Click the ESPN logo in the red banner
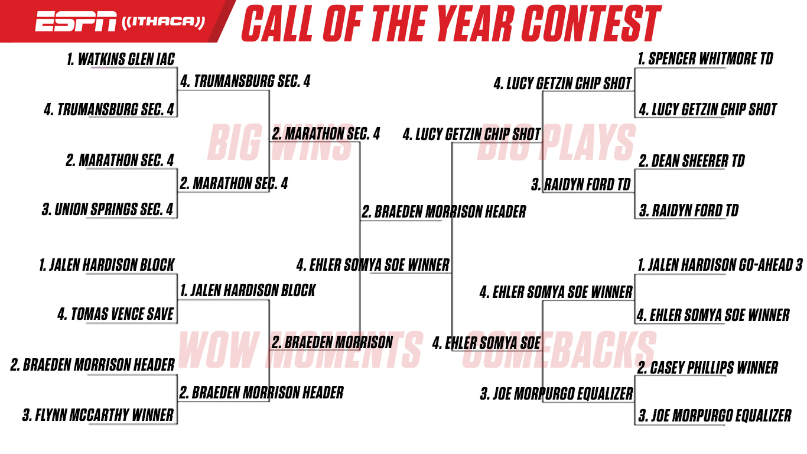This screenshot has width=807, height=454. pyautogui.click(x=76, y=21)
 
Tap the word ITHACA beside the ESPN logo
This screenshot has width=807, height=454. pyautogui.click(x=163, y=22)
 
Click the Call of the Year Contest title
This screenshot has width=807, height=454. pyautogui.click(x=451, y=24)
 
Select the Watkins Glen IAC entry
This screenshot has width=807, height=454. pyautogui.click(x=121, y=60)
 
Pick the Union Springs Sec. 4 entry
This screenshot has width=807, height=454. pyautogui.click(x=108, y=209)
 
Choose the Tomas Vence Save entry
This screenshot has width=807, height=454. pyautogui.click(x=115, y=314)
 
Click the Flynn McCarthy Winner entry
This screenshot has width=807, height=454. pyautogui.click(x=98, y=415)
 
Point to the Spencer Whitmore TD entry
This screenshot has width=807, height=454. pyautogui.click(x=705, y=59)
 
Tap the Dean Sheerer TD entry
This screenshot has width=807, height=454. pyautogui.click(x=692, y=161)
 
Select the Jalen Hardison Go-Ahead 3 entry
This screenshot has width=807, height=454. pyautogui.click(x=720, y=265)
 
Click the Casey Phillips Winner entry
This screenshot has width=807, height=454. pyautogui.click(x=708, y=368)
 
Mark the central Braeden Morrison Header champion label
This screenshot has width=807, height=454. pyautogui.click(x=444, y=212)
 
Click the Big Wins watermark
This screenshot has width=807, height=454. pyautogui.click(x=280, y=142)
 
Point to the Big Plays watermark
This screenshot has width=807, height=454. pyautogui.click(x=556, y=142)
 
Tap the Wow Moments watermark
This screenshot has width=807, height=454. pyautogui.click(x=300, y=350)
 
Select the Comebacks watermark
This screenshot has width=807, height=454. pyautogui.click(x=559, y=350)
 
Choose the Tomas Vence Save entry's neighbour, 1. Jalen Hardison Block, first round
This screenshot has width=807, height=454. pyautogui.click(x=107, y=265)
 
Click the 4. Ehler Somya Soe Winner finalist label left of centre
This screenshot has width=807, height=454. pyautogui.click(x=373, y=265)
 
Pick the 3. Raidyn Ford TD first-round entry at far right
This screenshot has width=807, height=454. pyautogui.click(x=689, y=210)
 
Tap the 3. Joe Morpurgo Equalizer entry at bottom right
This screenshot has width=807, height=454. pyautogui.click(x=715, y=416)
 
